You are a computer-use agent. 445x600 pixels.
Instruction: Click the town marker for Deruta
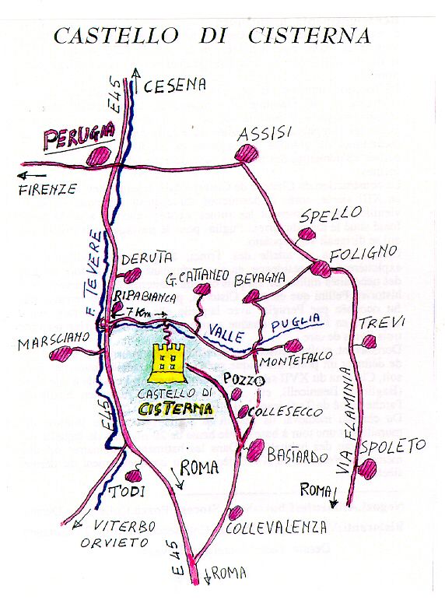132,274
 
